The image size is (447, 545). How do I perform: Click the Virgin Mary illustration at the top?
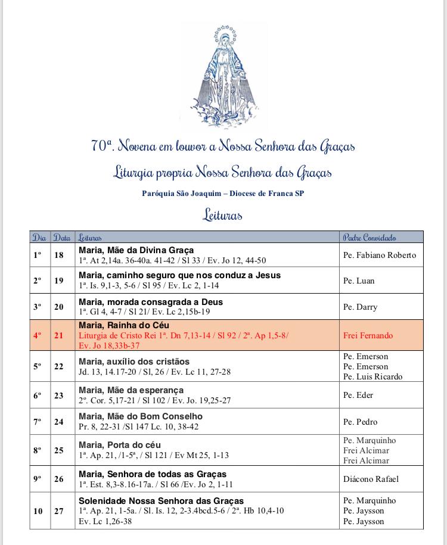pyautogui.click(x=223, y=76)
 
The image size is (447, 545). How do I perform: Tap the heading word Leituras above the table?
pyautogui.click(x=223, y=214)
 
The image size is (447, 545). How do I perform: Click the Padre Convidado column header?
pyautogui.click(x=370, y=237)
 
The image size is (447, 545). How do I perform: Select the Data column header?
pyautogui.click(x=61, y=237)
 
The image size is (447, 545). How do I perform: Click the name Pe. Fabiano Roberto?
pyautogui.click(x=379, y=255)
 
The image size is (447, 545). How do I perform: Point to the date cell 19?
pyautogui.click(x=59, y=281)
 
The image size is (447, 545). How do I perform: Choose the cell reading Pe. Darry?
pyautogui.click(x=360, y=307)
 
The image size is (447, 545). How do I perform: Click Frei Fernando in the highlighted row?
pyautogui.click(x=368, y=335)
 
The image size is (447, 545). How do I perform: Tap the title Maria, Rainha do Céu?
pyautogui.click(x=124, y=325)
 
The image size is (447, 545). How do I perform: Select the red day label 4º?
pyautogui.click(x=38, y=335)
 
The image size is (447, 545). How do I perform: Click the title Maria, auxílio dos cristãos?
pyautogui.click(x=134, y=362)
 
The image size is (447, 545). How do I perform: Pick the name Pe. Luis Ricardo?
pyautogui.click(x=372, y=376)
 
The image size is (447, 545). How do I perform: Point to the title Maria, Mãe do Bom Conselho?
pyautogui.click(x=141, y=416)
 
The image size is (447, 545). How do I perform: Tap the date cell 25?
pyautogui.click(x=59, y=450)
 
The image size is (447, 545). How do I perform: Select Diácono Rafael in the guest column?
pyautogui.click(x=371, y=479)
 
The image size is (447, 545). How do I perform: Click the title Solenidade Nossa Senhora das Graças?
pyautogui.click(x=161, y=501)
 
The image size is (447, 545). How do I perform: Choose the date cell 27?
pyautogui.click(x=59, y=510)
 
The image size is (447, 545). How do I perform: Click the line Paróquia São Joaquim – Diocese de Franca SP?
pyautogui.click(x=223, y=194)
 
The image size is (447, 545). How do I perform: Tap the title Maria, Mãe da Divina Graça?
pyautogui.click(x=136, y=250)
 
